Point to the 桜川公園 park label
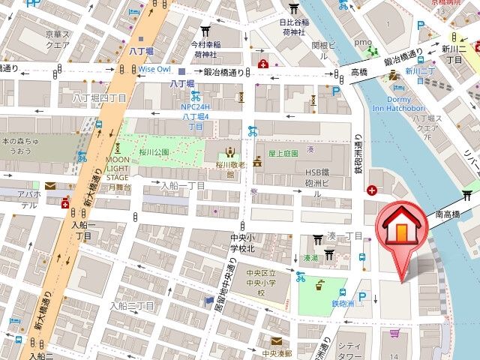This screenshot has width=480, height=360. [x=155, y=151]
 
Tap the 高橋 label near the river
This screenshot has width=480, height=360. [x=359, y=72]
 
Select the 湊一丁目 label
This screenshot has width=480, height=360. [x=344, y=236]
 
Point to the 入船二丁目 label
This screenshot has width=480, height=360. [x=131, y=306]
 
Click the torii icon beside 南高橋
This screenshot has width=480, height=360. [x=468, y=195]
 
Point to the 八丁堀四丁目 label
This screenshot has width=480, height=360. [x=99, y=98]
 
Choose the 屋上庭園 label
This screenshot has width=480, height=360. [x=283, y=153]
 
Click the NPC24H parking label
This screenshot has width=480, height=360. [x=195, y=106]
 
